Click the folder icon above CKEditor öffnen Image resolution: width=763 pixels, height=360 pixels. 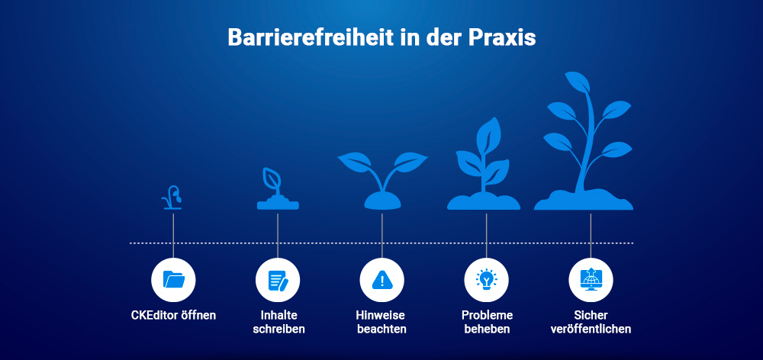(174, 280)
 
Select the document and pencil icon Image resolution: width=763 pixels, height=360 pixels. (278, 280)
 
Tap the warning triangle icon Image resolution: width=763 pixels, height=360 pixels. (381, 280)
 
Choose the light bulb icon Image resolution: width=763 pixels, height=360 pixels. (486, 280)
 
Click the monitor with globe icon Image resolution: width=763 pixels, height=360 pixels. (591, 280)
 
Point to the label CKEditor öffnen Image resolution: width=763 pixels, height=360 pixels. (173, 315)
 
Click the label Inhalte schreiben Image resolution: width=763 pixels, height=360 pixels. (278, 322)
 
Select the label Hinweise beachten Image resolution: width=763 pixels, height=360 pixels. (381, 322)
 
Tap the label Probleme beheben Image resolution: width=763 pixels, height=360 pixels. (487, 322)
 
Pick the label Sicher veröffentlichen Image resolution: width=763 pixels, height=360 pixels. (591, 322)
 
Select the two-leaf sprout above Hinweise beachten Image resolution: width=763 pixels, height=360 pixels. (382, 179)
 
